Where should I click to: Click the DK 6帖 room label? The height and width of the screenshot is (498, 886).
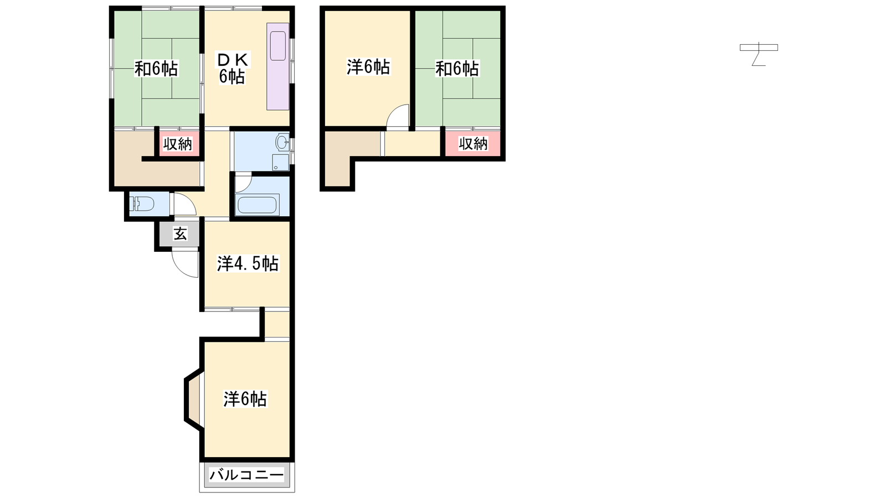click(x=233, y=69)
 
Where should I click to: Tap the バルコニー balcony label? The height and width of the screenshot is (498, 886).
click(x=246, y=474)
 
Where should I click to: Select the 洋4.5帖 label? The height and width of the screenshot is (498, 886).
click(x=248, y=263)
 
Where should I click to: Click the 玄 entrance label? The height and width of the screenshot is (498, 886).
click(x=180, y=234)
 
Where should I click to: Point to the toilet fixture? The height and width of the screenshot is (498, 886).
click(x=142, y=204)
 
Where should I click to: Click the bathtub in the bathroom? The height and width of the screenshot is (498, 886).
click(x=257, y=205)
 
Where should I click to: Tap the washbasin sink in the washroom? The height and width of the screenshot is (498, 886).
click(x=282, y=142)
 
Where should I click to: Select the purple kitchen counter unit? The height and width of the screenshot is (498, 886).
click(x=277, y=66)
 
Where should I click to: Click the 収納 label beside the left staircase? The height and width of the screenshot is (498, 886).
click(x=178, y=144)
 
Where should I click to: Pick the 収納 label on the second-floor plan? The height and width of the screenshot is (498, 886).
click(x=473, y=143)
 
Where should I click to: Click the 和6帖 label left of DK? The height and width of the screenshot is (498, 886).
click(x=156, y=69)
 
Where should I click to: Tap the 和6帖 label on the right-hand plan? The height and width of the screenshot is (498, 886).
click(x=457, y=69)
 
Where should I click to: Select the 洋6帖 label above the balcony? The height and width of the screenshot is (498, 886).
click(x=245, y=399)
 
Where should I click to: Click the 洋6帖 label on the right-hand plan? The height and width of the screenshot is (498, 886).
click(x=368, y=67)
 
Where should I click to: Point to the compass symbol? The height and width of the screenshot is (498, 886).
click(x=759, y=54)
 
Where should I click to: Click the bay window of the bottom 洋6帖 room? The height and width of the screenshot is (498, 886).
click(x=193, y=399)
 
